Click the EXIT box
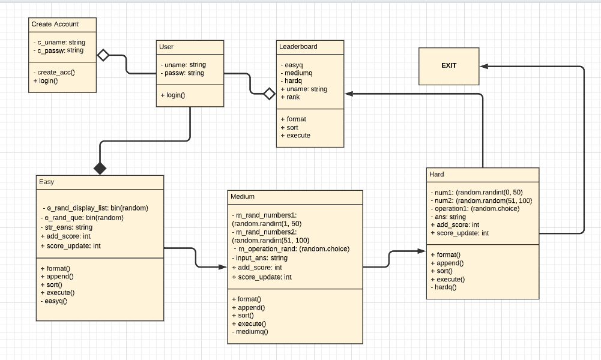coord(448,65)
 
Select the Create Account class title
coord(55,24)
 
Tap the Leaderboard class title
coord(298,46)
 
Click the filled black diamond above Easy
coord(100,169)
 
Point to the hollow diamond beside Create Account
coord(103,55)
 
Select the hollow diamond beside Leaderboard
coord(270,94)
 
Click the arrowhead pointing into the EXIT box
coord(484,66)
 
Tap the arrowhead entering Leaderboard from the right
coord(349,94)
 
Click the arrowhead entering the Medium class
coord(223,266)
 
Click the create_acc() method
coord(56,72)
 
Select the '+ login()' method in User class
coord(172,95)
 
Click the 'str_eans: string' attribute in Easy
coord(66,227)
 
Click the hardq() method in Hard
coord(444,287)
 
